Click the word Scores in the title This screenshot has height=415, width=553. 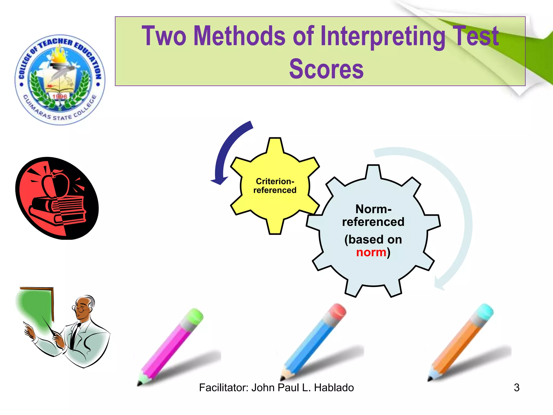click(x=326, y=69)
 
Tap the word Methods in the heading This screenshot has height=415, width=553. click(x=239, y=36)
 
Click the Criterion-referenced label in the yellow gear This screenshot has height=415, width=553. click(x=275, y=186)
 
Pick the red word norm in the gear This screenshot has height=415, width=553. click(x=371, y=252)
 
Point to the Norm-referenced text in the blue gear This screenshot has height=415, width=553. click(x=373, y=215)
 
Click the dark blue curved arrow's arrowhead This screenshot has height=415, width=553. click(x=219, y=180)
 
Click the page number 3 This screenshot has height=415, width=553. click(x=517, y=388)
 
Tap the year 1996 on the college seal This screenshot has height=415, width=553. click(x=60, y=96)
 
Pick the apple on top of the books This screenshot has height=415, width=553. click(x=55, y=184)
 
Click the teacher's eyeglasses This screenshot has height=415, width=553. click(x=78, y=308)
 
